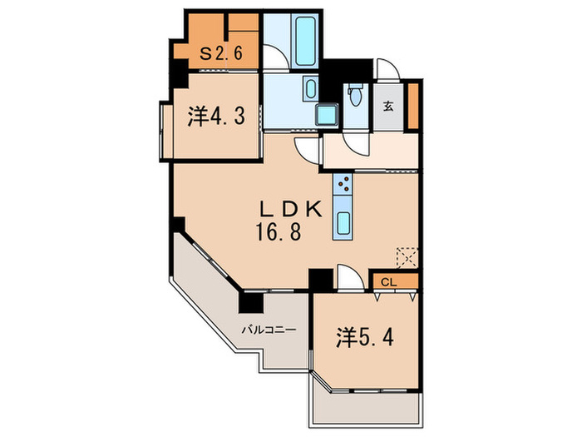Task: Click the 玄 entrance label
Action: (388, 106)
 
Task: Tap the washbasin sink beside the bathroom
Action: (310, 87)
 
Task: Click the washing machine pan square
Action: (326, 116)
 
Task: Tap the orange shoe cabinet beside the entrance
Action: (412, 105)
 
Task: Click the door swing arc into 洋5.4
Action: (349, 277)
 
